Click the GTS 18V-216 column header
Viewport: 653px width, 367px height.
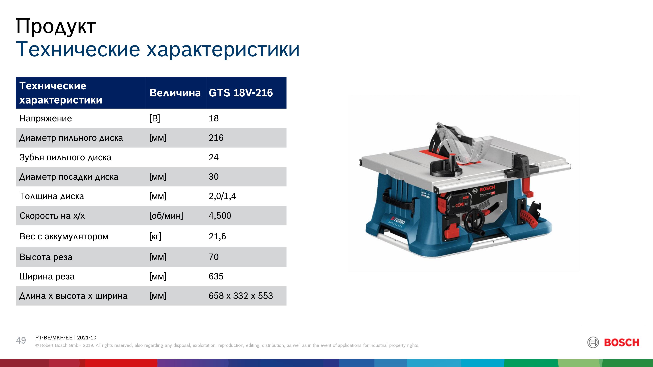point(241,93)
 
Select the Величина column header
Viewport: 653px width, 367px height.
point(175,93)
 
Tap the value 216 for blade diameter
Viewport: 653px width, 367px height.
point(216,138)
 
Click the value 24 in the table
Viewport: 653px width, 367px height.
point(213,157)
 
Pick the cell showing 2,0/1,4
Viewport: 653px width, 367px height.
point(222,196)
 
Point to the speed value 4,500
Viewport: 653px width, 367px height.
point(220,215)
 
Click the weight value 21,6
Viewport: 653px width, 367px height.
point(217,236)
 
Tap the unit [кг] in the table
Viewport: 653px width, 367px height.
point(155,236)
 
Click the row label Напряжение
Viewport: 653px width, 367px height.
point(46,118)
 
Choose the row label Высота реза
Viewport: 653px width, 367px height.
point(46,257)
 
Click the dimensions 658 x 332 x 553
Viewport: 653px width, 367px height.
point(241,296)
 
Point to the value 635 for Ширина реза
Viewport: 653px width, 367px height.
point(216,276)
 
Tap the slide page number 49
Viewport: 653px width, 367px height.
point(21,340)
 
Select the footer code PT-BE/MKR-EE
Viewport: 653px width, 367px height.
point(54,338)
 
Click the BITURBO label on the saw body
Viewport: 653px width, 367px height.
point(397,222)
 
